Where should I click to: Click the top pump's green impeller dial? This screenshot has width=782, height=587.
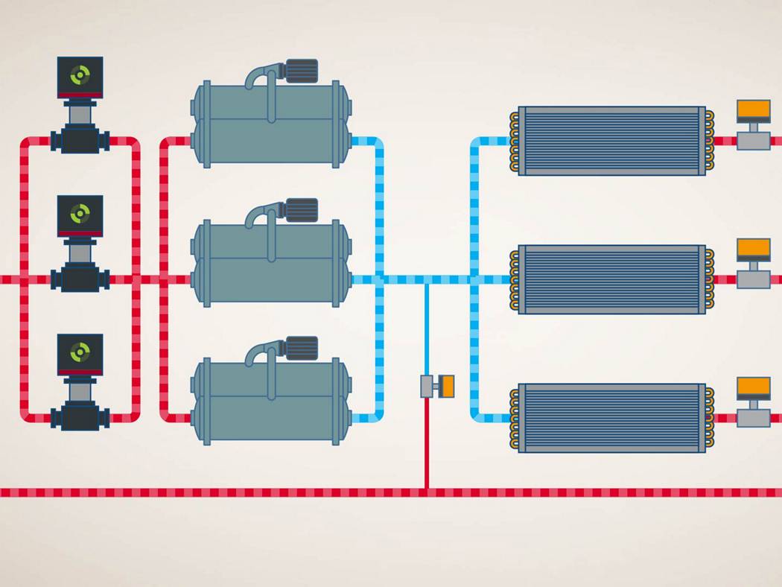pyautogui.click(x=80, y=74)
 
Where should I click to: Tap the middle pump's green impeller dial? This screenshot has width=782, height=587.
pyautogui.click(x=80, y=214)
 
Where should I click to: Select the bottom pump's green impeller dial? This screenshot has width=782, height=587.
pyautogui.click(x=80, y=352)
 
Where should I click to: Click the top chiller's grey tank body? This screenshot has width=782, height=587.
pyautogui.click(x=270, y=127)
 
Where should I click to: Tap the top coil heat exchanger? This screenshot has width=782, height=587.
pyautogui.click(x=611, y=141)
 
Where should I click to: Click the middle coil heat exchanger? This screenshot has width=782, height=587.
pyautogui.click(x=611, y=279)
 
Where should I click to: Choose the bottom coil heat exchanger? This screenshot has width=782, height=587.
pyautogui.click(x=611, y=418)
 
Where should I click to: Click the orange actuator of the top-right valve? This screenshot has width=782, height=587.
pyautogui.click(x=753, y=110)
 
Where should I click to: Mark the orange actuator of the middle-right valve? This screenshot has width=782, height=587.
pyautogui.click(x=753, y=249)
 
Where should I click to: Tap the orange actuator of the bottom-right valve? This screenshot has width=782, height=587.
pyautogui.click(x=753, y=387)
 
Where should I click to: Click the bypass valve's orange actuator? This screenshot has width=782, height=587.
pyautogui.click(x=446, y=386)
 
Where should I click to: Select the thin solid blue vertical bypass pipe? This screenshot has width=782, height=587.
pyautogui.click(x=426, y=328)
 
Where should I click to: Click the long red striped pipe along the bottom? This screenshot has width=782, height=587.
pyautogui.click(x=223, y=492)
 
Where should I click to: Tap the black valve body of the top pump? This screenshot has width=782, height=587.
pyautogui.click(x=80, y=140)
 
